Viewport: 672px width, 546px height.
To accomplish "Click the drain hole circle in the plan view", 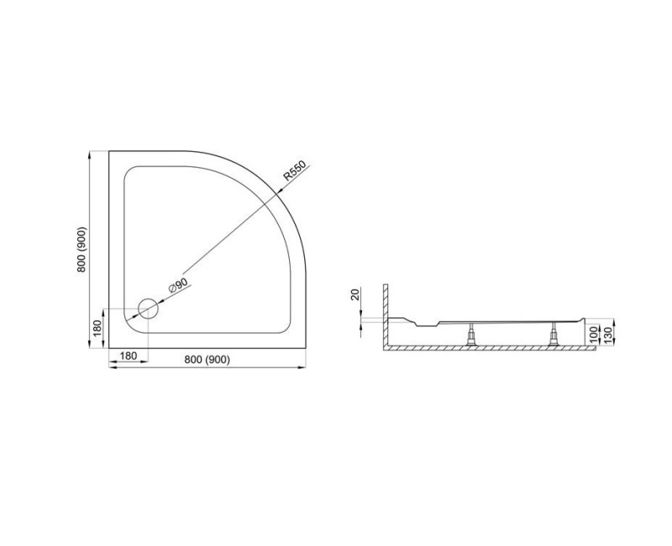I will click(148, 308).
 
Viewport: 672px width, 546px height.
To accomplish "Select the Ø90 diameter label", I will click(179, 284).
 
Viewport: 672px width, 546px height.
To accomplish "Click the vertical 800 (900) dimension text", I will click(81, 249).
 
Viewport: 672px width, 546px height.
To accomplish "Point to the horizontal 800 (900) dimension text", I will click(206, 359).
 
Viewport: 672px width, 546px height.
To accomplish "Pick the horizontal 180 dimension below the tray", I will click(129, 357).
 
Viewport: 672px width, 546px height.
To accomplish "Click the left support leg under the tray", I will click(473, 337).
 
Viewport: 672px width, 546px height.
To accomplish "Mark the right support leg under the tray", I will click(554, 337).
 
